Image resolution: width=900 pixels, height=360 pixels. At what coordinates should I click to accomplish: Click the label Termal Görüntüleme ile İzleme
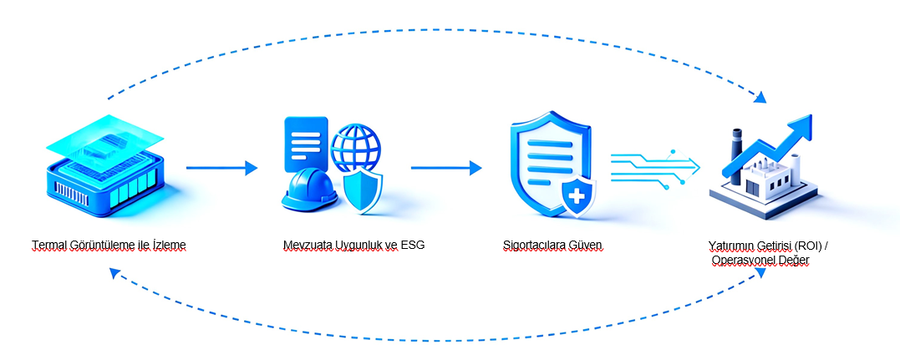coord(109,246)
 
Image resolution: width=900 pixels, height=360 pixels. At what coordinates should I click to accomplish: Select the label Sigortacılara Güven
coord(552,246)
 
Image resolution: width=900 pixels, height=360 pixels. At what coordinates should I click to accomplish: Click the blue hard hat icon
coord(309,191)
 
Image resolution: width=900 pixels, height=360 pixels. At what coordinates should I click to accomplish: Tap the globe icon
coord(357,149)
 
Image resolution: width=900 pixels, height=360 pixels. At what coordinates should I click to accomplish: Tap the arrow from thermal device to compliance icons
coord(221,168)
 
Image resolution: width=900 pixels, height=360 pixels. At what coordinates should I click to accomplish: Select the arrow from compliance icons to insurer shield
coord(446,168)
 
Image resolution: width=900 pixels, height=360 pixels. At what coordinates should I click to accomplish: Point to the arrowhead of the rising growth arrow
coord(800,126)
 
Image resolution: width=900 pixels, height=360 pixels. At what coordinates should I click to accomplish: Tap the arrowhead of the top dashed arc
coord(760,98)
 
